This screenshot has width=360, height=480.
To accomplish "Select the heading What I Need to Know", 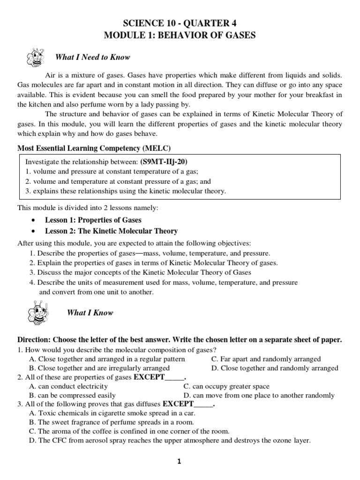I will [92, 57].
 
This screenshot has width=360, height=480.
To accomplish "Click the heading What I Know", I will [90, 313].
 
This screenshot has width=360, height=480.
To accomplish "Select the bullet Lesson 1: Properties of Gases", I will [93, 220].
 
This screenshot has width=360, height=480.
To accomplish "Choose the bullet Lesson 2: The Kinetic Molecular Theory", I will [111, 231].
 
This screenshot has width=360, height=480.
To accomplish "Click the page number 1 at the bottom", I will [179, 462].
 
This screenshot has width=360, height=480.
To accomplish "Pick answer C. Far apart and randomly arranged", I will [266, 359].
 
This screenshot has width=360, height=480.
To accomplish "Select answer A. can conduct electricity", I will [68, 386].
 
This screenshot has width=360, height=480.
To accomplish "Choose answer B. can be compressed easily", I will [72, 396].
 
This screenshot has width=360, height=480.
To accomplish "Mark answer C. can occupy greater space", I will [226, 386].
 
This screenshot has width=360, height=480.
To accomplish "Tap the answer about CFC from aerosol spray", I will [170, 441].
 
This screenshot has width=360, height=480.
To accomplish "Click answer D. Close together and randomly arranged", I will [275, 368].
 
